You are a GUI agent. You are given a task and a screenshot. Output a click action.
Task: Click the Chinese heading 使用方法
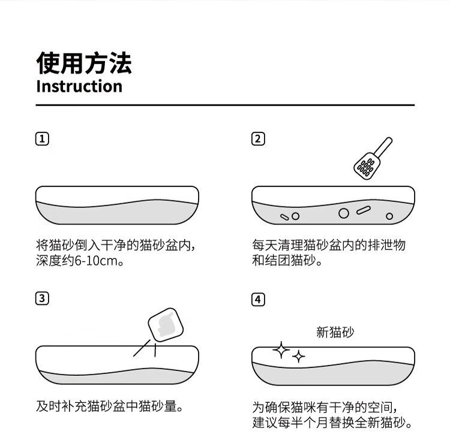point(84,64)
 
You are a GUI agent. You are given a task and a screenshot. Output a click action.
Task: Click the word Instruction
point(79,86)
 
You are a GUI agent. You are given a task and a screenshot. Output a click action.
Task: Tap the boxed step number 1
point(42,139)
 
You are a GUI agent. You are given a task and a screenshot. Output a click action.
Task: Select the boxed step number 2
point(258,139)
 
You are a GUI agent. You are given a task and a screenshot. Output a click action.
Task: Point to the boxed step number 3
point(42,299)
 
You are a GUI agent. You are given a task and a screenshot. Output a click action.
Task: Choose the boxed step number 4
point(258,300)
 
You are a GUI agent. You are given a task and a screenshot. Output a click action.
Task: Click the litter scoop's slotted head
point(367,166)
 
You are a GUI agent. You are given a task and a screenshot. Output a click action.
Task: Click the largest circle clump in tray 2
point(344,213)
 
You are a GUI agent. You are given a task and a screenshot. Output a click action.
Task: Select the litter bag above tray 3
point(166,325)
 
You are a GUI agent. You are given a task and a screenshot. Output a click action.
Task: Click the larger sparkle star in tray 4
point(281,350)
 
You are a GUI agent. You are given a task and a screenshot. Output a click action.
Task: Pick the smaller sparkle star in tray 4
point(298,357)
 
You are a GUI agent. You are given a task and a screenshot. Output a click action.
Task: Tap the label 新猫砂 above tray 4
point(335,332)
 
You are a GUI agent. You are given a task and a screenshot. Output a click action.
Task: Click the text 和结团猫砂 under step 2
point(284,260)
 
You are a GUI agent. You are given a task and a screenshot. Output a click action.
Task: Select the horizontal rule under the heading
point(225,106)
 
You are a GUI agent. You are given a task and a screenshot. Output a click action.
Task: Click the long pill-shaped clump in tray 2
point(364,210)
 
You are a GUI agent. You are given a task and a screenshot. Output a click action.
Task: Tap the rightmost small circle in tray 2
point(389,216)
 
